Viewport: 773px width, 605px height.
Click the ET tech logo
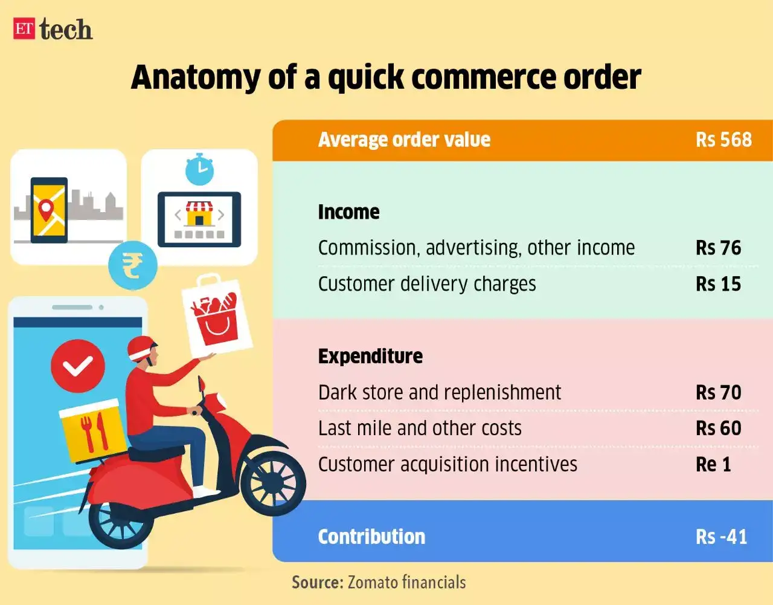point(53,29)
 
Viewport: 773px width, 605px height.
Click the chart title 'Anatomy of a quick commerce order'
point(386,77)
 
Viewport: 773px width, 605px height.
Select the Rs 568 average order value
point(723,140)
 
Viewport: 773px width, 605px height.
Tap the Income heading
point(348,212)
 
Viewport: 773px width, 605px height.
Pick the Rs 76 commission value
point(718,248)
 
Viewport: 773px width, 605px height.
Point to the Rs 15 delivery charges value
point(718,284)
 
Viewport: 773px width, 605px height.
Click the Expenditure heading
point(370,357)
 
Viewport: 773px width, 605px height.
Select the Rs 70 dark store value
point(718,392)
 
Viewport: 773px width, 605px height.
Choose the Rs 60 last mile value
point(718,428)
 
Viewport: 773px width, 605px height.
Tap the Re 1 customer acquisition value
point(713,464)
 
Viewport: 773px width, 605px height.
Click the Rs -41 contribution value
point(721,537)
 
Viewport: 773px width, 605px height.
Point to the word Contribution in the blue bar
point(371,537)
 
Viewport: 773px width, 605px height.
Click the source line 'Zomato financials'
point(379,582)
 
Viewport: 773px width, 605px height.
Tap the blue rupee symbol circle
point(132,265)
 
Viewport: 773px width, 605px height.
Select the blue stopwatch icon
point(199,170)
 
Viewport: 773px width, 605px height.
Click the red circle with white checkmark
point(78,366)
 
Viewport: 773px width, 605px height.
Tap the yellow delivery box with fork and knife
point(92,430)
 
